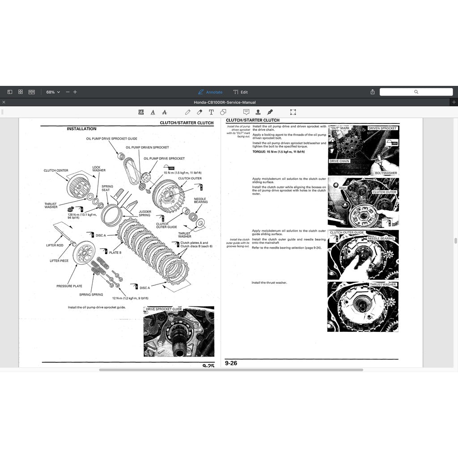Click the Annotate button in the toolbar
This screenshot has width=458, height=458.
210,92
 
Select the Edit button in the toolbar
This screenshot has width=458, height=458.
241,92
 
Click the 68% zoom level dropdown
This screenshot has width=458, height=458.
53,92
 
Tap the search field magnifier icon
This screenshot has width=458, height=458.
416,92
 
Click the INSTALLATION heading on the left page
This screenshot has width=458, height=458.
81,129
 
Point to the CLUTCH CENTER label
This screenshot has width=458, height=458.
56,170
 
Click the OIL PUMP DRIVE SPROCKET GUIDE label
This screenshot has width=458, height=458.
111,139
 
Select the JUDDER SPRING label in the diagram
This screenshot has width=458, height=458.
144,213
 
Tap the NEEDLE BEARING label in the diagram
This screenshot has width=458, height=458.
200,200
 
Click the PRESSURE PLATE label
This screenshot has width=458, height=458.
69,286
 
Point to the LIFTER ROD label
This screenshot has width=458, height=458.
55,245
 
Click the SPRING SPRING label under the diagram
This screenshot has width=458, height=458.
91,295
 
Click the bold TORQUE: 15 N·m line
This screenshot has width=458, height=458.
279,152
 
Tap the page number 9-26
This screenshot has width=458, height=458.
231,363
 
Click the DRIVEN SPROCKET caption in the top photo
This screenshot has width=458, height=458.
382,128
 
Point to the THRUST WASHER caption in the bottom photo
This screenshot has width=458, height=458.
383,284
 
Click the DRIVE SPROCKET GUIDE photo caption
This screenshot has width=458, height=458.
164,309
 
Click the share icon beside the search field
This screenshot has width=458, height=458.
373,92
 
